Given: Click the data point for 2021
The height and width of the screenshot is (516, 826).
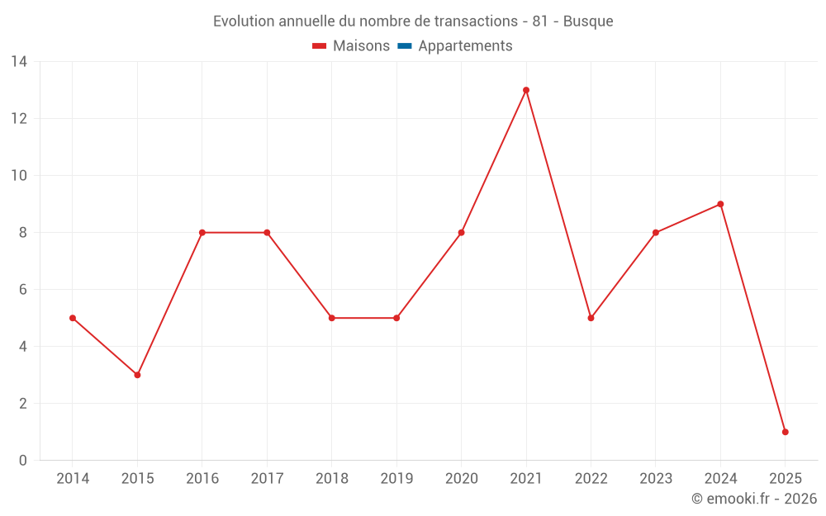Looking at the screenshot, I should (526, 90).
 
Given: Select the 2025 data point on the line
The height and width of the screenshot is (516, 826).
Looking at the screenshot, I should (785, 432).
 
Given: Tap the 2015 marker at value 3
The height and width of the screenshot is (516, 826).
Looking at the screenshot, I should (137, 375).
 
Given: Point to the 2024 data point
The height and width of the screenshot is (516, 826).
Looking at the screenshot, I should (720, 204).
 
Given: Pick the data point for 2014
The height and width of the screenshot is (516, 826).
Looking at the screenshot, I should (73, 318).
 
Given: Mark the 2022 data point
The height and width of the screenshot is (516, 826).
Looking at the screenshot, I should (591, 318).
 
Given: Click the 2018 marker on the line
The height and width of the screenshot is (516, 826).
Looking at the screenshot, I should (331, 318).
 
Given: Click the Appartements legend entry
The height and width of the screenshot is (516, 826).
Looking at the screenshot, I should (465, 46).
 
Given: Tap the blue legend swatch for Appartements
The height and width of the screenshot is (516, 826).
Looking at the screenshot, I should (404, 46).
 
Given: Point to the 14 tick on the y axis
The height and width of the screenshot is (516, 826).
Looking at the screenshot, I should (19, 61).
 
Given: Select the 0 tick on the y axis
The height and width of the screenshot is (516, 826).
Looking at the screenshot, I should (23, 460).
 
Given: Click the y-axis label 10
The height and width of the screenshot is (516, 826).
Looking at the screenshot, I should (19, 175).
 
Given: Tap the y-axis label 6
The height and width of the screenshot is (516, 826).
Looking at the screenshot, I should (23, 289).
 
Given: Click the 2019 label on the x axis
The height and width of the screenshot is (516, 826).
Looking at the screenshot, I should (396, 478).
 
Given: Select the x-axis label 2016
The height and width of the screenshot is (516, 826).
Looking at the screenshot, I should (202, 478).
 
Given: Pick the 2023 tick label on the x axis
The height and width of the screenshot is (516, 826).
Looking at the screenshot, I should (656, 478).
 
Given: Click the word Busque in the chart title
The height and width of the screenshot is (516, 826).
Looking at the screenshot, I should (588, 21).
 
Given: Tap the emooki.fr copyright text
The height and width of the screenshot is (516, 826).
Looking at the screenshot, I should (754, 499).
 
